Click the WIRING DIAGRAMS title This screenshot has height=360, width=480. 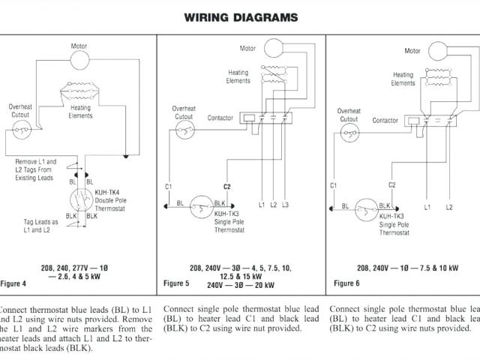[x=241, y=16]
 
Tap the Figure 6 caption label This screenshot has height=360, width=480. [x=346, y=283]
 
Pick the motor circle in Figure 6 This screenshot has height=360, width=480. [x=439, y=49]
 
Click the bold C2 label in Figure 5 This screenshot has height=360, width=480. [x=226, y=186]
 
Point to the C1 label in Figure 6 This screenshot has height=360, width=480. [x=334, y=184]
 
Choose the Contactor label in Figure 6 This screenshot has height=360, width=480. [x=385, y=120]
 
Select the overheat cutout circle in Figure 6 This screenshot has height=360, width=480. [x=346, y=134]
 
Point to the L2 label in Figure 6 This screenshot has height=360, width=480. [x=449, y=206]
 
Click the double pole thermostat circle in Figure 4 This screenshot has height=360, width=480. [x=81, y=201]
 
